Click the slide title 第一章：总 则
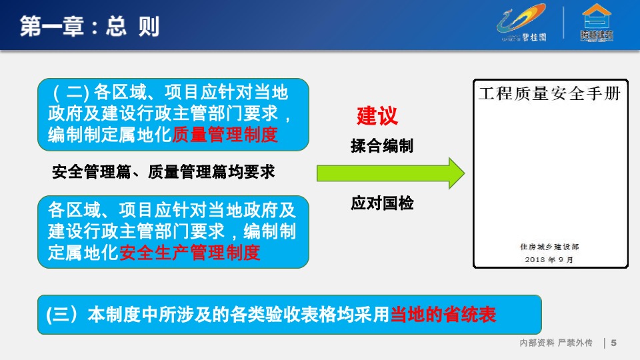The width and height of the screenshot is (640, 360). point(89,26)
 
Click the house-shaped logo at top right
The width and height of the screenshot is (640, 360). point(597,23)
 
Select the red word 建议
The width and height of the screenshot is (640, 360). point(377,115)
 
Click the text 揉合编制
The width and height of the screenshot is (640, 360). point(382,146)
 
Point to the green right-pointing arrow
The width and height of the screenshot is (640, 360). point(390,173)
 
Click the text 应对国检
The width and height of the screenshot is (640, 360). point(382,203)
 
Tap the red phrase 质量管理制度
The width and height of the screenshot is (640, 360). point(225,135)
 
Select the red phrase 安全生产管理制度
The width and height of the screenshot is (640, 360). point(189,253)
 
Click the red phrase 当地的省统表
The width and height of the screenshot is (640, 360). point(443,315)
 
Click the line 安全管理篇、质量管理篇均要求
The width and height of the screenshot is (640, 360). point(163,172)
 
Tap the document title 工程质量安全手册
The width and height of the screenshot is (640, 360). point(549,93)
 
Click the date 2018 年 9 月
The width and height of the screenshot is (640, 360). point(549,259)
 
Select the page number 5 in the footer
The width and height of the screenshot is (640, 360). point(614,343)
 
